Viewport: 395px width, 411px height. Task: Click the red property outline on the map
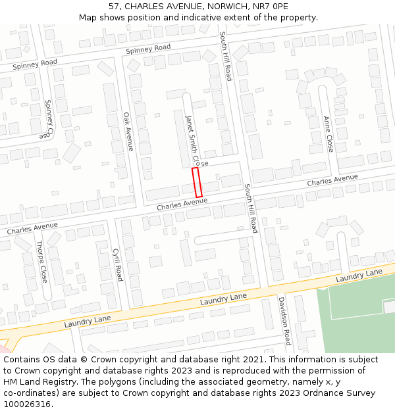(x=196, y=182)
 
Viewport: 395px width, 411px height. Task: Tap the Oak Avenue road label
(x=128, y=132)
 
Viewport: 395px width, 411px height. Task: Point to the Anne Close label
(x=328, y=133)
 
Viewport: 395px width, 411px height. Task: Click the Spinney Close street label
(x=47, y=119)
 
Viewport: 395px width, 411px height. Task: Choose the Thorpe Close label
(x=41, y=261)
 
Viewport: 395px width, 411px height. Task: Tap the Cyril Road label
(x=117, y=264)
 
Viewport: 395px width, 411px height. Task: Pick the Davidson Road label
(x=284, y=320)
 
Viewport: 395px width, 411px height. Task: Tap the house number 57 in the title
(x=109, y=7)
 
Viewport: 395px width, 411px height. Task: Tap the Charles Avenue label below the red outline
(x=182, y=205)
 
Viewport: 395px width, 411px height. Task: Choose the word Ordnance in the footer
(x=316, y=393)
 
